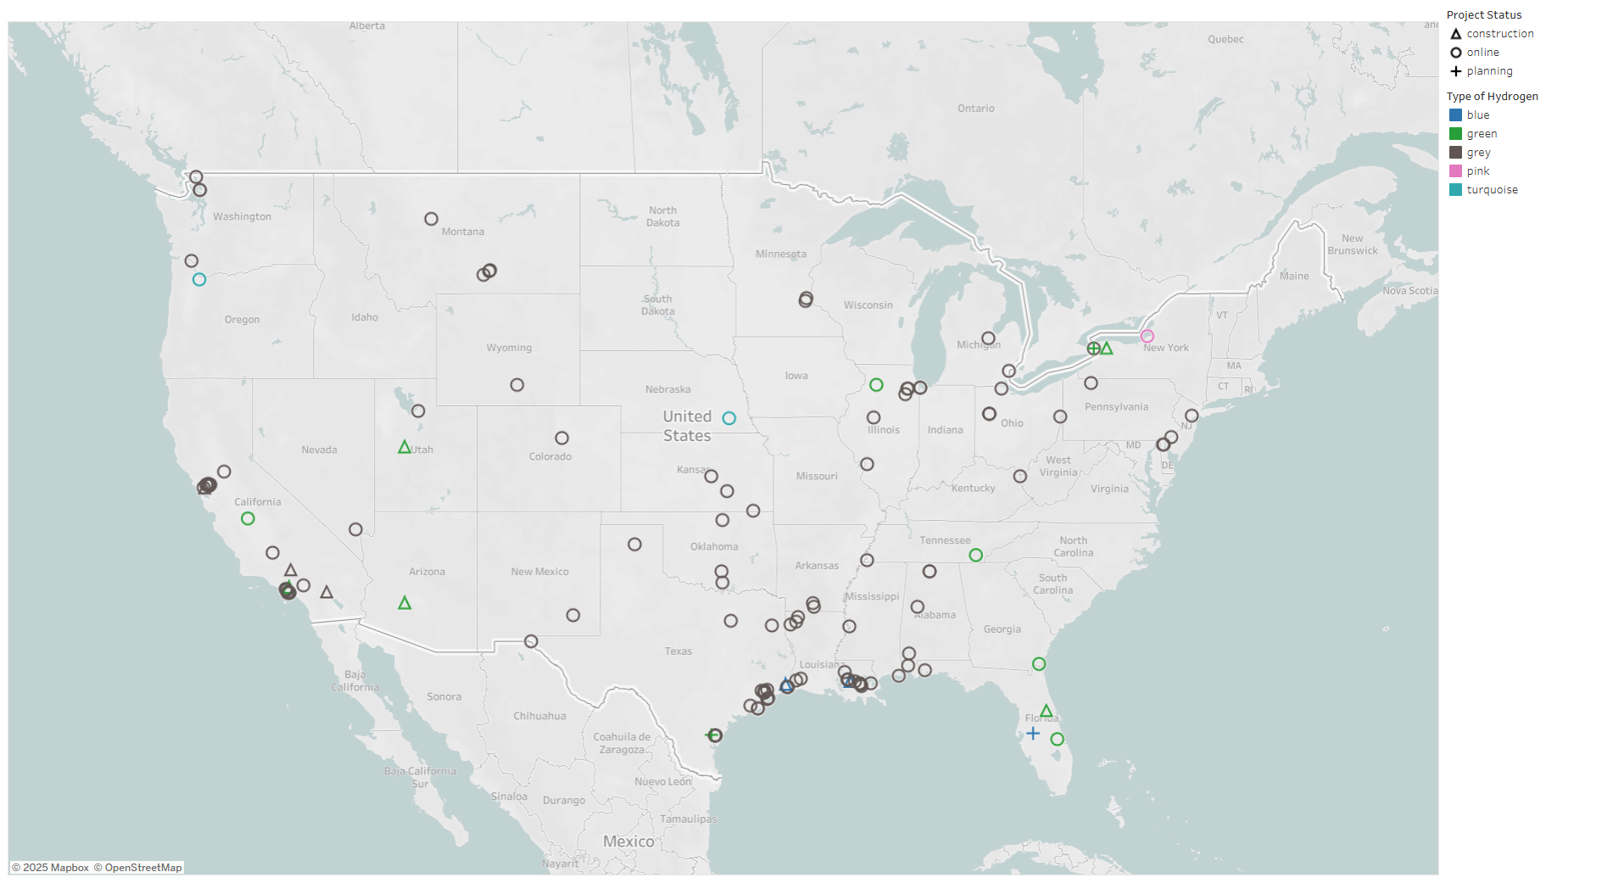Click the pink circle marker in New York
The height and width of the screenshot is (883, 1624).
click(x=1147, y=336)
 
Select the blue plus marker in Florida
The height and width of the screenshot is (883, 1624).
click(x=1033, y=733)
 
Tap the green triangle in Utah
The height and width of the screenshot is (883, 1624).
click(x=405, y=447)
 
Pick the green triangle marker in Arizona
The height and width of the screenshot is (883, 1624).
click(x=405, y=603)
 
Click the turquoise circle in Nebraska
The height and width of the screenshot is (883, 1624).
click(x=729, y=418)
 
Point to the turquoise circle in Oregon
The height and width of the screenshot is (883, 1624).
click(x=199, y=279)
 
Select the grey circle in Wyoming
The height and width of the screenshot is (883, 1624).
click(x=517, y=385)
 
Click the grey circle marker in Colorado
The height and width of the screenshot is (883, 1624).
click(x=562, y=439)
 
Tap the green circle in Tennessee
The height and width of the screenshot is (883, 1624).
click(x=976, y=555)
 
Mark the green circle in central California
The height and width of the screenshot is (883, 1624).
click(x=248, y=518)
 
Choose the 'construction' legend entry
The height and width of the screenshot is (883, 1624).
click(x=1499, y=34)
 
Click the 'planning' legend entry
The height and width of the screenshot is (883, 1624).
click(x=1489, y=71)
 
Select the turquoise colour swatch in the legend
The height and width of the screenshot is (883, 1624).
click(x=1456, y=190)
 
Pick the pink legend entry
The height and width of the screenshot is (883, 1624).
click(x=1477, y=171)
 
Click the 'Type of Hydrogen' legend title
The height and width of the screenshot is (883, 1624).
click(x=1492, y=97)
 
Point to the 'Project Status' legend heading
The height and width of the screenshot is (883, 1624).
click(x=1484, y=15)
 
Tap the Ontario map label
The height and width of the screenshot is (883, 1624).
click(x=976, y=109)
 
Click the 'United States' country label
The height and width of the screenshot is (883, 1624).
click(x=687, y=426)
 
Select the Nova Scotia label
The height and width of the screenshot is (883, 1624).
click(x=1409, y=291)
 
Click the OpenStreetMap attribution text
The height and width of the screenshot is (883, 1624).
click(x=138, y=868)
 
